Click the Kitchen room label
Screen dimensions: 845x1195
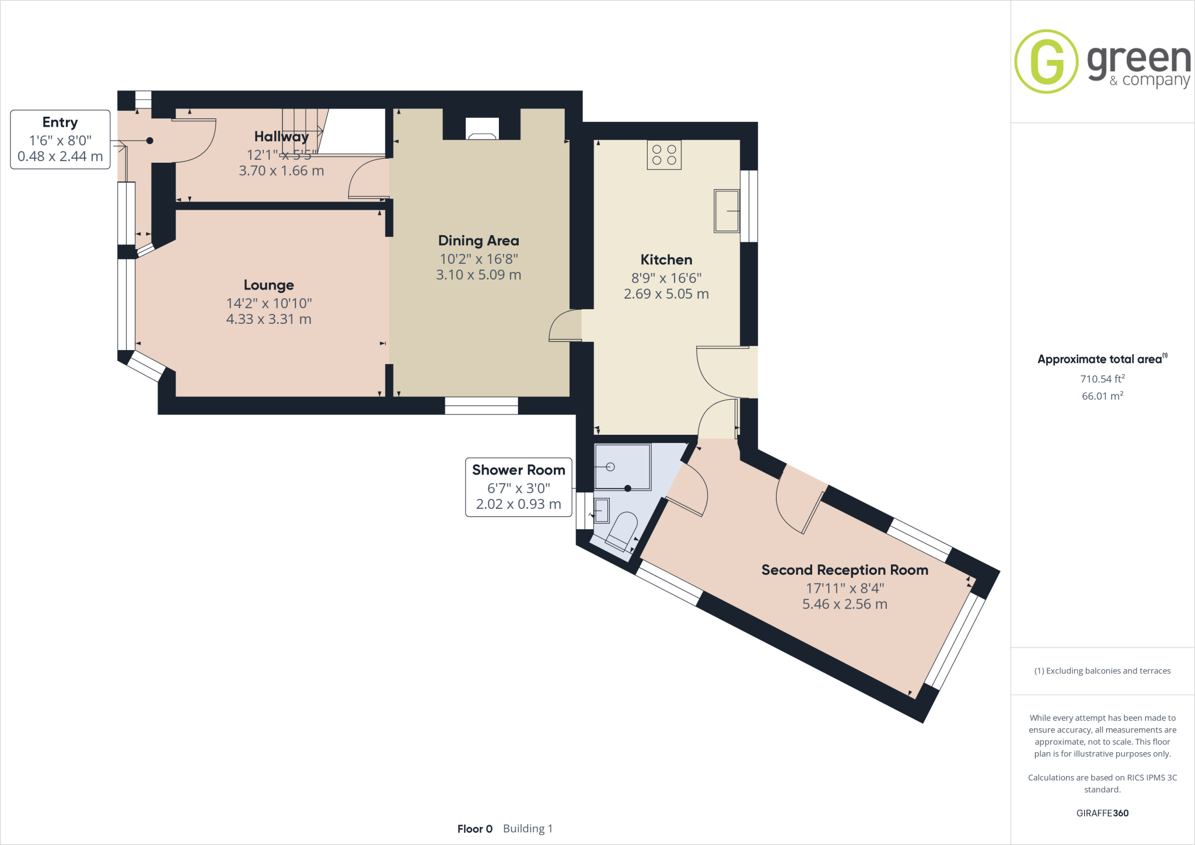666,260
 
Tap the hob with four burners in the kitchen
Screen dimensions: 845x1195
664,155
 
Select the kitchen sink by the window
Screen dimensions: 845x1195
726,211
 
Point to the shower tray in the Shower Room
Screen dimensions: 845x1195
622,467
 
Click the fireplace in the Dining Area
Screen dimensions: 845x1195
482,129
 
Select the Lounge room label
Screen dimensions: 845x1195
268,285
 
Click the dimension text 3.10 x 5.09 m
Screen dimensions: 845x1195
478,275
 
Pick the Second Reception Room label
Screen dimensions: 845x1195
844,570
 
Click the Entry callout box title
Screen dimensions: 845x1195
60,123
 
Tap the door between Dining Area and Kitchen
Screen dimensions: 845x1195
565,326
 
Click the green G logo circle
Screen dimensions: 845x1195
1046,62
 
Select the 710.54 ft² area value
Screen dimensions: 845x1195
1102,379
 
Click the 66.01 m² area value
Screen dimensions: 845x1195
1102,396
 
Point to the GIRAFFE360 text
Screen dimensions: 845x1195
1102,813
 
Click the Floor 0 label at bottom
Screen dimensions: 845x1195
475,829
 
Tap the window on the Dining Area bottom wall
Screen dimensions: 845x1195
481,406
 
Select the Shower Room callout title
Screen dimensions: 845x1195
518,470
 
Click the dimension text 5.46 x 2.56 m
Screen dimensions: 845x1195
844,605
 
